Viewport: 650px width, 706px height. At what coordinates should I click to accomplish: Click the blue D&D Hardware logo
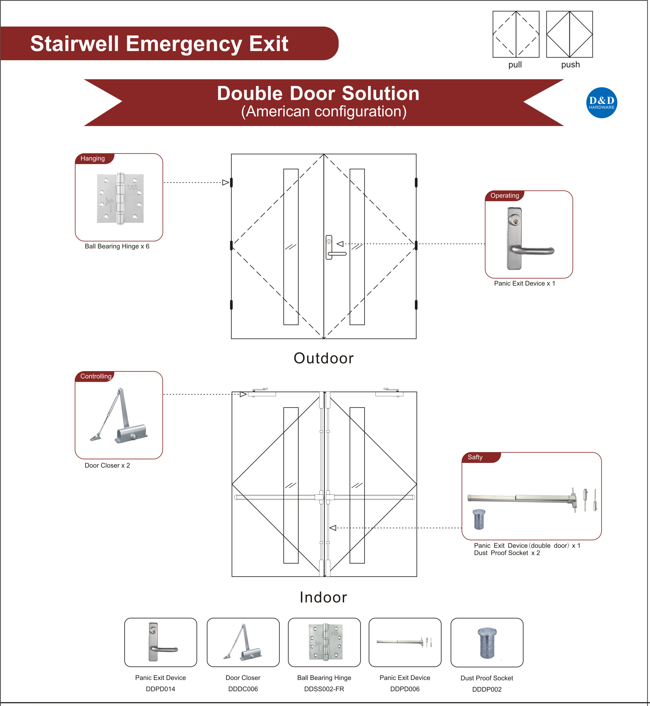click(x=601, y=102)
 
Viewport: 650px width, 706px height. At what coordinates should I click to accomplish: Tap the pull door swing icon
click(x=516, y=34)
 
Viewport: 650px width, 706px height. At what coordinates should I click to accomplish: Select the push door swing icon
click(x=569, y=34)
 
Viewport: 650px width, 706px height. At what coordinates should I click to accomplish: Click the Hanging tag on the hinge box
click(x=92, y=159)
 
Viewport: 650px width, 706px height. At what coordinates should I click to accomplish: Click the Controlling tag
click(x=96, y=376)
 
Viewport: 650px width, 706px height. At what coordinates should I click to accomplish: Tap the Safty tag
click(x=475, y=457)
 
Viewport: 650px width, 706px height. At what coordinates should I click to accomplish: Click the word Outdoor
click(x=324, y=358)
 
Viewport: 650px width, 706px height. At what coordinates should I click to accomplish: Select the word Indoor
click(x=323, y=598)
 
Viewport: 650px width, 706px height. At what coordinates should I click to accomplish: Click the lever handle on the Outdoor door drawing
click(x=336, y=253)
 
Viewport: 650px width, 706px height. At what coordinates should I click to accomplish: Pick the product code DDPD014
click(x=160, y=689)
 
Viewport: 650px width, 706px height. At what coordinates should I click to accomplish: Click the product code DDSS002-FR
click(x=324, y=689)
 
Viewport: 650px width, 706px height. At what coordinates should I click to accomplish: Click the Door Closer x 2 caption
click(x=107, y=466)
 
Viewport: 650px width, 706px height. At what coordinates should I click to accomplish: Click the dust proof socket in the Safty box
click(x=479, y=519)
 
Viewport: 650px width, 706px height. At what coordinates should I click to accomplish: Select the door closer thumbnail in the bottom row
click(x=243, y=642)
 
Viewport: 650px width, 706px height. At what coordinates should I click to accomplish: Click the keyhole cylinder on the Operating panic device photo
click(x=515, y=221)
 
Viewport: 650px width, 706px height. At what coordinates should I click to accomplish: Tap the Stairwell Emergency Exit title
click(x=159, y=44)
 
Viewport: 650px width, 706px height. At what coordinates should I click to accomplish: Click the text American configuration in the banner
click(x=324, y=111)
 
